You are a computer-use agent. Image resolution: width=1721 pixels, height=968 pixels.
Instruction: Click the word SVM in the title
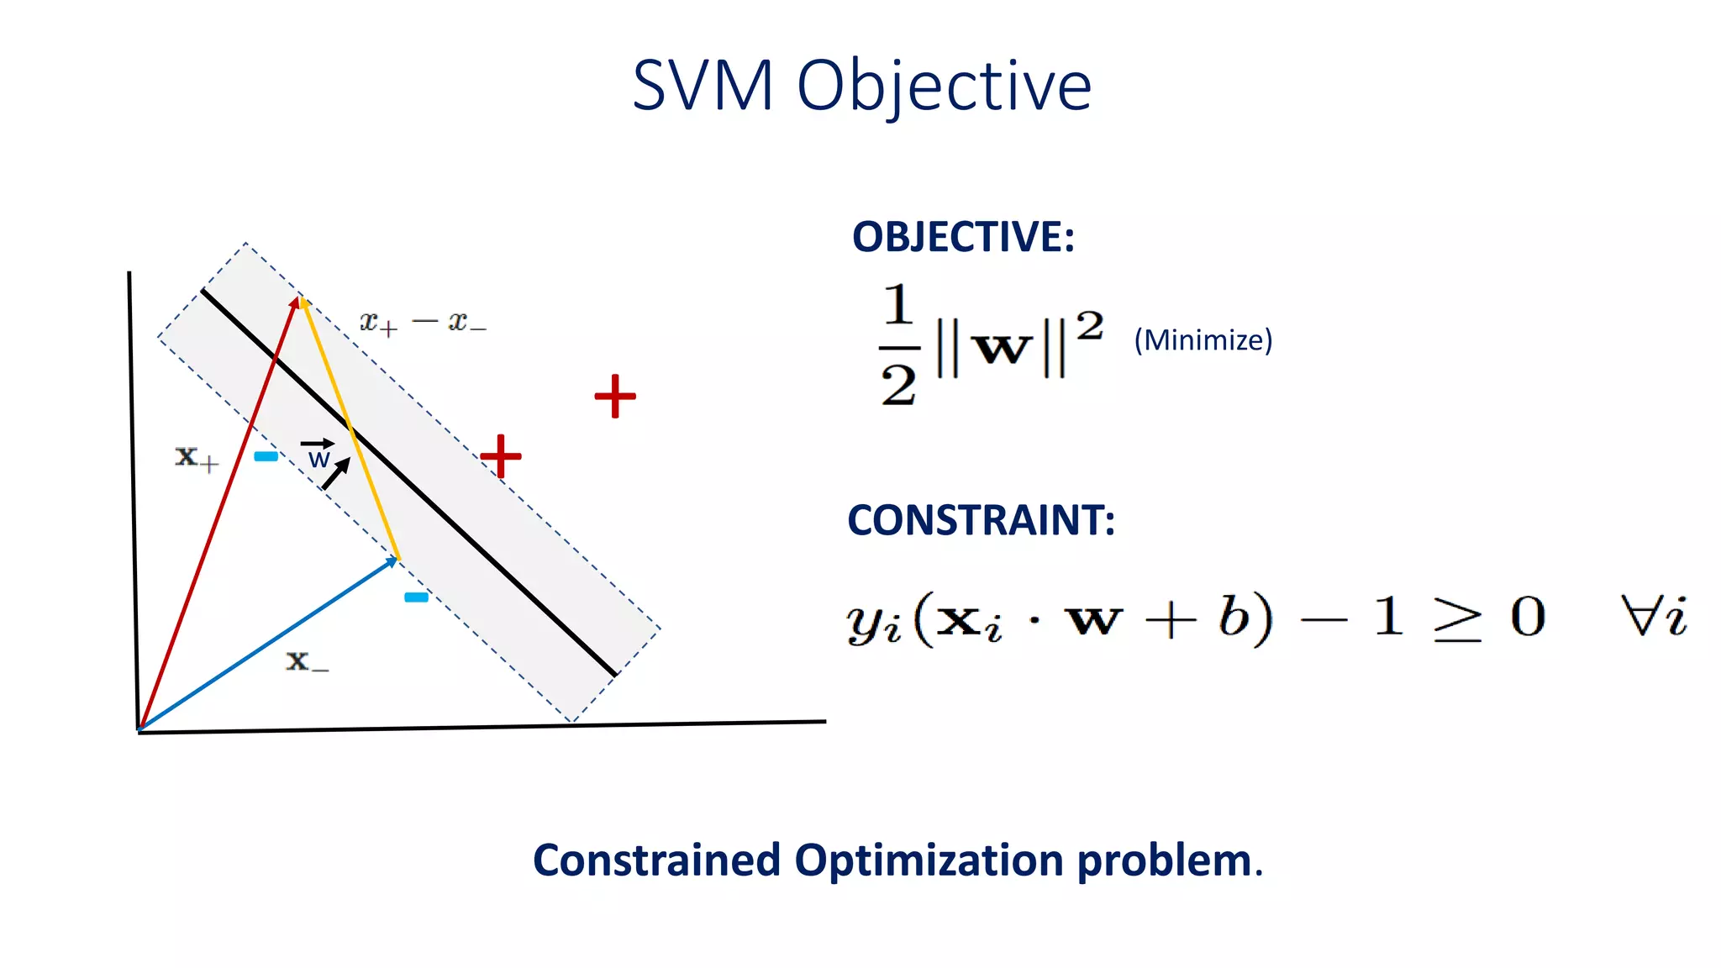pos(703,86)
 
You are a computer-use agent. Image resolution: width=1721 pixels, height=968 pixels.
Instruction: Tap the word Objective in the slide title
pos(944,87)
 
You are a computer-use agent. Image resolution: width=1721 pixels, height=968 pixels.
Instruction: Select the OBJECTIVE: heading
pos(963,237)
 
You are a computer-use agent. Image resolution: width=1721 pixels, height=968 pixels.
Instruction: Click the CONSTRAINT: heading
pos(981,520)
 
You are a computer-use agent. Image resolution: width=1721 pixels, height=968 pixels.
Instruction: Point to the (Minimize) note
pos(1203,340)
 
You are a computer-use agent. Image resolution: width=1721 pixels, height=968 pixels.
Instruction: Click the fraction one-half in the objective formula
pos(898,345)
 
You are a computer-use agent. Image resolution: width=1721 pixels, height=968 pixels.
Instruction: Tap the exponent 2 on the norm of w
pos(1089,326)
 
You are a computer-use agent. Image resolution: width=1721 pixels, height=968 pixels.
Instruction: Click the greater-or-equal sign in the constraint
pos(1456,620)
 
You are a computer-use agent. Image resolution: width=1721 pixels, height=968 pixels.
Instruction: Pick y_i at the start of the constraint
pos(872,622)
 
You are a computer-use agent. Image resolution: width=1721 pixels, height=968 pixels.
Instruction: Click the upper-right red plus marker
pos(615,396)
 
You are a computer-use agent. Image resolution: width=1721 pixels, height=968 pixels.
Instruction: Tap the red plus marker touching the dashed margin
pos(502,456)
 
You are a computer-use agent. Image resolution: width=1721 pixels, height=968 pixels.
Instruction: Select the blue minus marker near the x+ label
pos(266,456)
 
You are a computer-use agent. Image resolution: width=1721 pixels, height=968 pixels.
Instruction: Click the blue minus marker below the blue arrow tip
pos(416,597)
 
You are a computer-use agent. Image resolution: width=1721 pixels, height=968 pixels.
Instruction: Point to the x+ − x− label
pos(423,323)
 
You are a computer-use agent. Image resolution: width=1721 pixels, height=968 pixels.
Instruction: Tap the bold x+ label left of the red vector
pos(196,457)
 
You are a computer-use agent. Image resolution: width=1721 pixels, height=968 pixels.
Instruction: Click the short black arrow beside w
pos(336,474)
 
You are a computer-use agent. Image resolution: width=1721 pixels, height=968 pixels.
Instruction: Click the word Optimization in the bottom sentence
pos(929,860)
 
